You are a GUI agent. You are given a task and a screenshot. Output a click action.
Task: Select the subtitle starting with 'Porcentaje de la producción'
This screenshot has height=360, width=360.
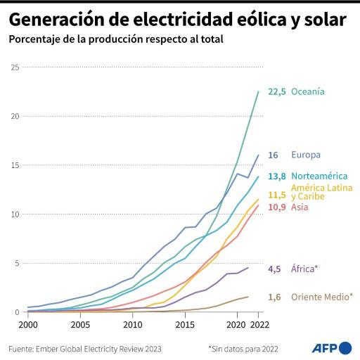[x=115, y=39]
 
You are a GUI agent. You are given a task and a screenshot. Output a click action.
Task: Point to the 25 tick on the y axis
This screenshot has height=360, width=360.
[x=15, y=67]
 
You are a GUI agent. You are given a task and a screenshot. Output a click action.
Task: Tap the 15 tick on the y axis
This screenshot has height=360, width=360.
[x=15, y=165]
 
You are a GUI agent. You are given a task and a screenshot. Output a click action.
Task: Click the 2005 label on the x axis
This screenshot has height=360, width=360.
[x=80, y=325]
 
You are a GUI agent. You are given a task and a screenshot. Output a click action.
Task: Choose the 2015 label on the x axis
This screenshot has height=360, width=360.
[x=185, y=325]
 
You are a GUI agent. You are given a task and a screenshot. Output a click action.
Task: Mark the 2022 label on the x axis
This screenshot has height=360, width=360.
[x=259, y=325]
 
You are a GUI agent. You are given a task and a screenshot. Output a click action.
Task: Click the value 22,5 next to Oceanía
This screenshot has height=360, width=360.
[x=276, y=92]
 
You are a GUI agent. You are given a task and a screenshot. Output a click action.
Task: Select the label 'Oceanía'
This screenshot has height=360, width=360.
[x=308, y=92]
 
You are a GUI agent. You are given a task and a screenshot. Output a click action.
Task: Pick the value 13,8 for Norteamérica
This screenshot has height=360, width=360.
[x=276, y=176]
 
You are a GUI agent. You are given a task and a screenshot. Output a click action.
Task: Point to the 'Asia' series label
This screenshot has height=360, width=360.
[x=300, y=208]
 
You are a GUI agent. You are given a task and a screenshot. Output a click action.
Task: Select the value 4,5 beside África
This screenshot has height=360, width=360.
[x=274, y=269]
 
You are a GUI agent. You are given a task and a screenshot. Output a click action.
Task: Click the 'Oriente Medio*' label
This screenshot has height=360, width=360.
[x=322, y=297]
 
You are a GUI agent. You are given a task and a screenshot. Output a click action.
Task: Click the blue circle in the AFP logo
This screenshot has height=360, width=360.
[x=345, y=347]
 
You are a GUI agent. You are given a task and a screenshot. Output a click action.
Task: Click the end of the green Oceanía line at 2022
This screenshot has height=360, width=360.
[x=259, y=91]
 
